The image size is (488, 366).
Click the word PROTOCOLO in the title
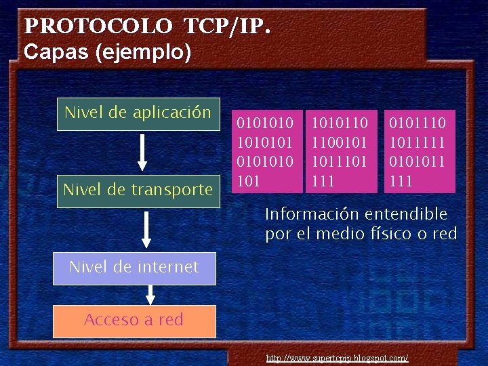tap(98, 26)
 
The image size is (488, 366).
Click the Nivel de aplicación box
tap(138, 113)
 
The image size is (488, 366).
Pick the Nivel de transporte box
tap(138, 190)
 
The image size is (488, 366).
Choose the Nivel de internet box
tap(134, 267)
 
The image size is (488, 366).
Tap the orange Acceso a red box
tap(134, 321)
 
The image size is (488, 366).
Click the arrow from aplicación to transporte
tap(142, 152)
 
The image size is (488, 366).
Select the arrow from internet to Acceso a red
tap(150, 294)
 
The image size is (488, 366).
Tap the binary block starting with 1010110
tap(340, 151)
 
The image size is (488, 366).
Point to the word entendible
tap(406, 215)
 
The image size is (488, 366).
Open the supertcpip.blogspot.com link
tap(337, 357)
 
